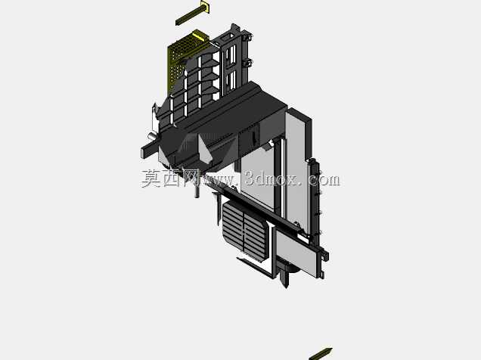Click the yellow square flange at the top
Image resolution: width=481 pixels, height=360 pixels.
tap(205, 7)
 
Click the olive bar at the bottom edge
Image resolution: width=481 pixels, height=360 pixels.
tap(321, 354)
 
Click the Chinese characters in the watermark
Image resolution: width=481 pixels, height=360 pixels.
tap(170, 178)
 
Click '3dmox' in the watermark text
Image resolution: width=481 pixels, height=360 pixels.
tap(272, 178)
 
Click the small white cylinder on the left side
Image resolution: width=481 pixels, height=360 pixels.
tap(152, 135)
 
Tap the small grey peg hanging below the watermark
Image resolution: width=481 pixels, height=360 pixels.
tap(197, 191)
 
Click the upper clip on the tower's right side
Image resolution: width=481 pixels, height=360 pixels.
tap(247, 37)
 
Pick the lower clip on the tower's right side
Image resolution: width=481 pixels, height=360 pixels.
tap(247, 64)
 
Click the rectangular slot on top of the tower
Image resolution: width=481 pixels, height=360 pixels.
tap(228, 38)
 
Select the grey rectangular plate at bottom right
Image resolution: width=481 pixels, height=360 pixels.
tap(295, 251)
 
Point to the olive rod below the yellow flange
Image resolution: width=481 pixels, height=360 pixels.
tap(188, 17)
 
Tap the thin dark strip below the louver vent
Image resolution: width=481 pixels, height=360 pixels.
tap(254, 268)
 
